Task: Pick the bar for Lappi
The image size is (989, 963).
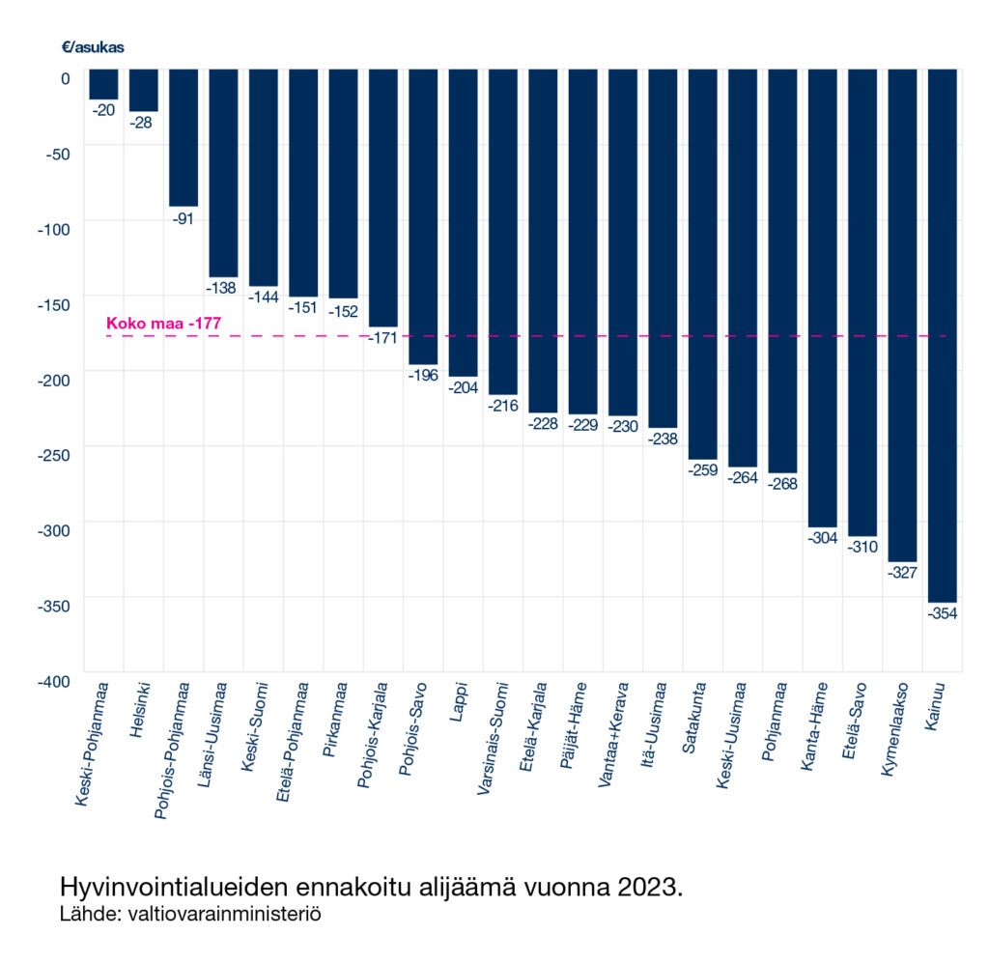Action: point(463,222)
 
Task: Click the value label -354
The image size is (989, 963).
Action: point(942,613)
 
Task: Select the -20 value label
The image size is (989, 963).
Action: point(103,110)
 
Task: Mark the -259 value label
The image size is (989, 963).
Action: point(702,470)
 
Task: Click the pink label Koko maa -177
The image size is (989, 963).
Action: point(163,324)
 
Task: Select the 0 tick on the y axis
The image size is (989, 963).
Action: point(65,78)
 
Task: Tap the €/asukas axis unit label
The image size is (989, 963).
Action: point(93,46)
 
